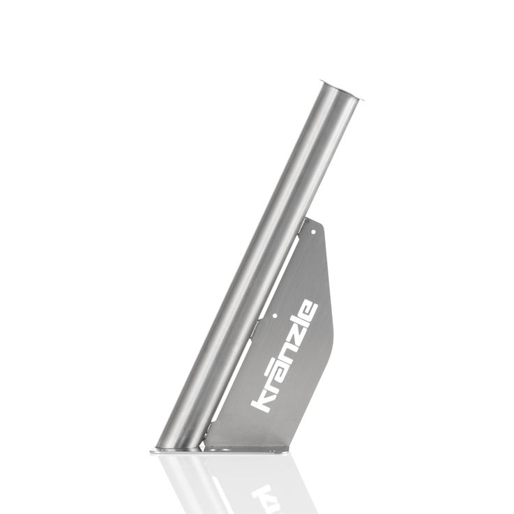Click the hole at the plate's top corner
[313, 232]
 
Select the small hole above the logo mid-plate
[275, 317]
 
